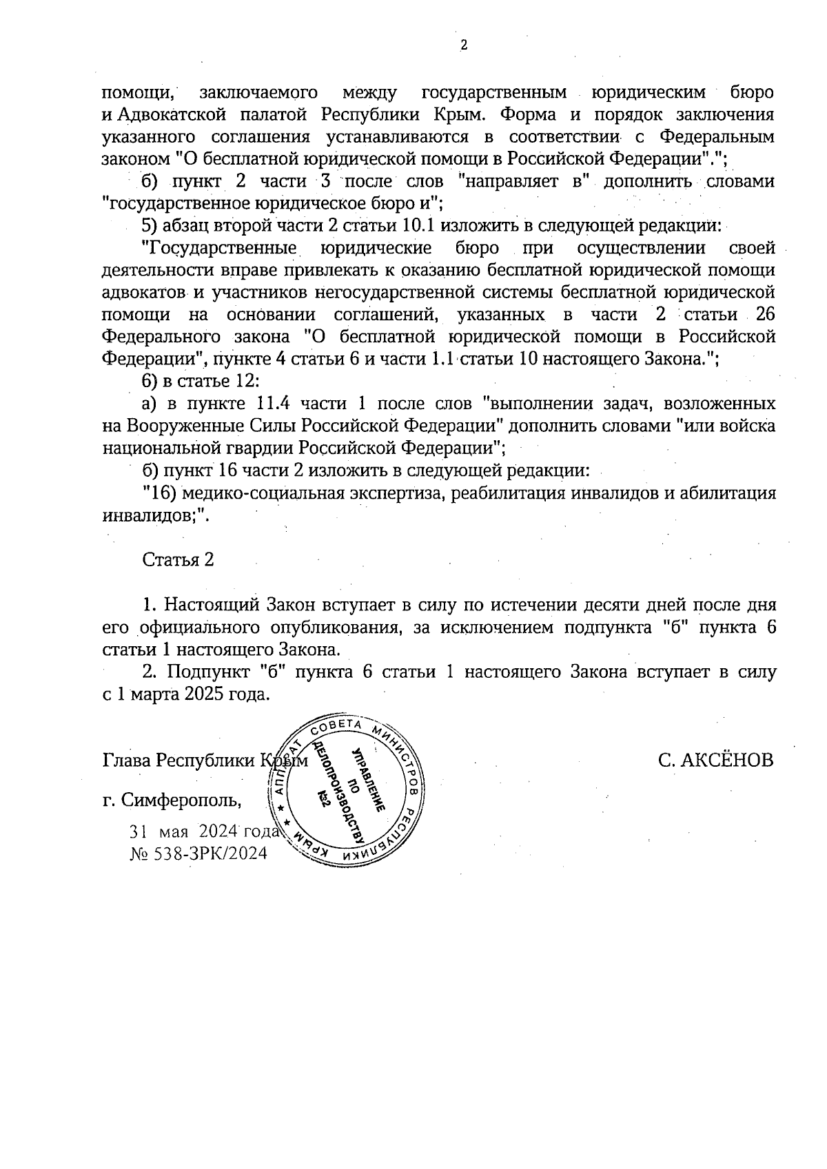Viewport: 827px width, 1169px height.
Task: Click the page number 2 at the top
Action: (x=462, y=46)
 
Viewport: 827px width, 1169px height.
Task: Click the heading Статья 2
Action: (x=178, y=559)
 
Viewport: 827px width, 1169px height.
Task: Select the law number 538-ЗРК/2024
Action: (x=207, y=853)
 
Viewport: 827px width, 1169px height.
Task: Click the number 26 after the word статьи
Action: (x=765, y=315)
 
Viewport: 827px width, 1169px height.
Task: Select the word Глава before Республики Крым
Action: (x=126, y=760)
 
